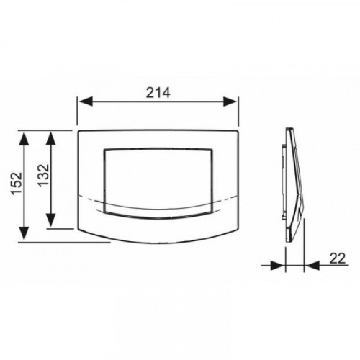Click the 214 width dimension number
click(158, 92)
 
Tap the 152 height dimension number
click(17, 184)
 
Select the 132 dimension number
click(43, 176)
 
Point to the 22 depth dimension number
click(338, 258)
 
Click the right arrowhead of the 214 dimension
click(230, 102)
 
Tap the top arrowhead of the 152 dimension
click(24, 138)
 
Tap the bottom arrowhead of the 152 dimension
click(24, 233)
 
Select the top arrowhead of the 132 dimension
click(50, 138)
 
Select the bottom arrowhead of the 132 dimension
click(50, 220)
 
